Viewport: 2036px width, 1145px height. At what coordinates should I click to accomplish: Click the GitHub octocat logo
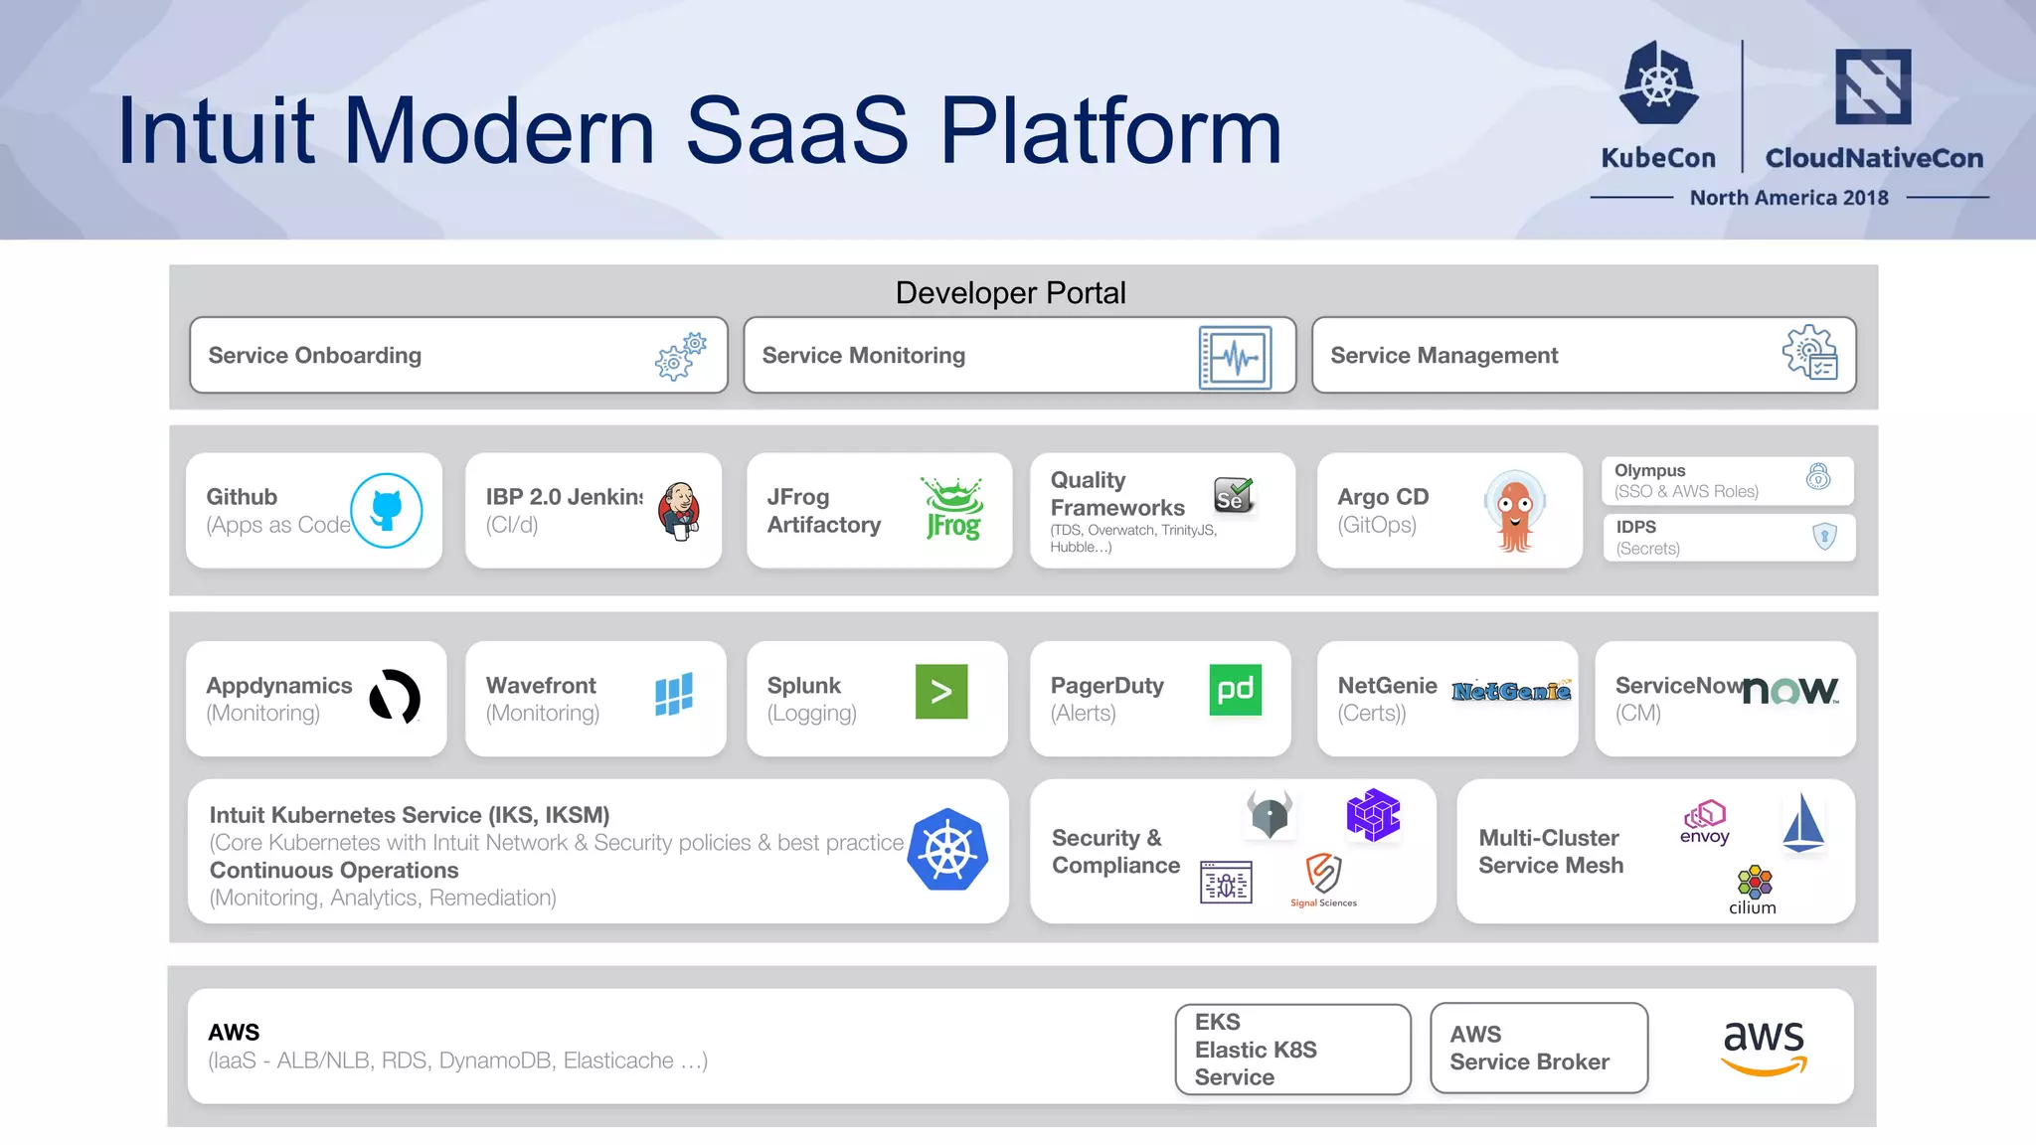[x=387, y=511]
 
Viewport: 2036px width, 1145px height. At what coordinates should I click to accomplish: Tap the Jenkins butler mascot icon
[x=680, y=511]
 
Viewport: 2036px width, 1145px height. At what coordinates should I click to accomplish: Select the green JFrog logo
[x=953, y=509]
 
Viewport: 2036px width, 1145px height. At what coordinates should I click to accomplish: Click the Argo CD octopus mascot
[x=1514, y=511]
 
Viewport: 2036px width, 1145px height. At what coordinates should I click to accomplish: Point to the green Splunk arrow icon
[x=940, y=692]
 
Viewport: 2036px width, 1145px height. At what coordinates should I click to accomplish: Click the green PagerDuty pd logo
[x=1235, y=690]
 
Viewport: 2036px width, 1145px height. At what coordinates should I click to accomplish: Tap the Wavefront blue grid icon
[x=674, y=694]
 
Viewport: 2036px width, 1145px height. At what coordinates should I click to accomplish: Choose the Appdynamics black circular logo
[x=395, y=697]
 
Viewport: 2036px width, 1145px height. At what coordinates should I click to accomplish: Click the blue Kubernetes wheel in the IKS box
[x=947, y=850]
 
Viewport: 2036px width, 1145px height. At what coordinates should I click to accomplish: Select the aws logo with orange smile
[x=1764, y=1048]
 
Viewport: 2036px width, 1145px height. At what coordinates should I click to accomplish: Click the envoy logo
[x=1705, y=822]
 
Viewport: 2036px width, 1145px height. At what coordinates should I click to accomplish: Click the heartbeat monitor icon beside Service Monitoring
[x=1235, y=357]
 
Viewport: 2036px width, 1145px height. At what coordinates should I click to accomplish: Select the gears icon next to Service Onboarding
[x=681, y=356]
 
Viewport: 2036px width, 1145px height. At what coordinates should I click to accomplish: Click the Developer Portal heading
[x=1010, y=293]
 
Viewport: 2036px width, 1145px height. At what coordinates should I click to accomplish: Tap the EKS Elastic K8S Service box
[x=1292, y=1050]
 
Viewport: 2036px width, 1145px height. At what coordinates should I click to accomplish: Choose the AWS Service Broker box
[x=1538, y=1049]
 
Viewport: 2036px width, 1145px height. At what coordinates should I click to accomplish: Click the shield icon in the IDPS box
[x=1824, y=537]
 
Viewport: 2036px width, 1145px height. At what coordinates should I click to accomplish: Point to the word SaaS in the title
[x=796, y=131]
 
